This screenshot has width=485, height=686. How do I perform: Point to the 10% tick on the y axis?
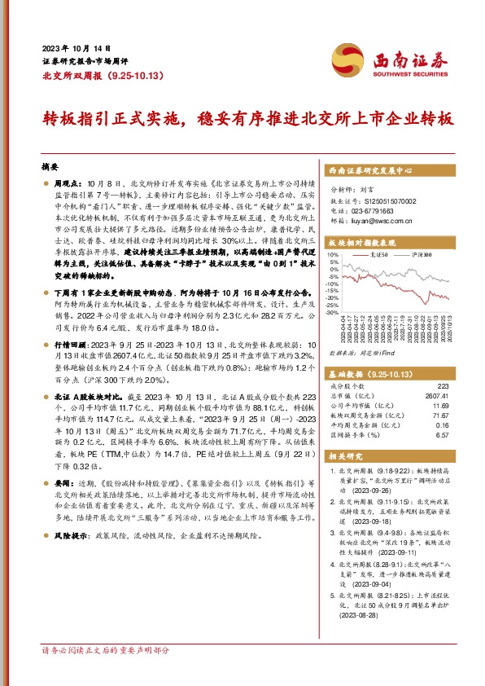coord(332,254)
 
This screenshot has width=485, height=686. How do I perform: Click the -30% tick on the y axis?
coord(331,311)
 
